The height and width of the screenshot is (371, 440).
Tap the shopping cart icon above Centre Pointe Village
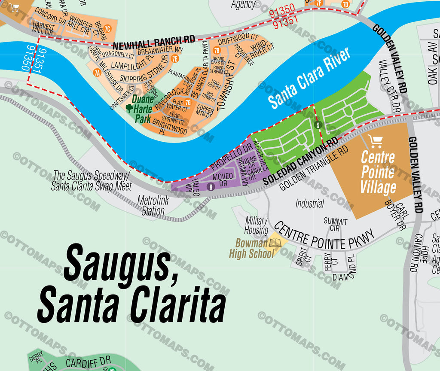point(376,141)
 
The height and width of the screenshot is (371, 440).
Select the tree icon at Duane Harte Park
point(129,107)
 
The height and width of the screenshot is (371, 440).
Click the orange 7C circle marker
point(108,30)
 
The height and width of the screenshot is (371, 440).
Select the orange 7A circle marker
point(97,73)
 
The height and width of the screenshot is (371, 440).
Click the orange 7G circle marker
point(187,102)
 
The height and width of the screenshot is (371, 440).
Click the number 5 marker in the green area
point(318,125)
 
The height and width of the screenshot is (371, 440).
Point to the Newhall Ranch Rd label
point(154,43)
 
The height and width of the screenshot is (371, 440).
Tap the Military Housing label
point(257,225)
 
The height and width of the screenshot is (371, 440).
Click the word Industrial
point(309,203)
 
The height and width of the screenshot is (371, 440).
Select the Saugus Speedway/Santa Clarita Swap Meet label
point(91,181)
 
